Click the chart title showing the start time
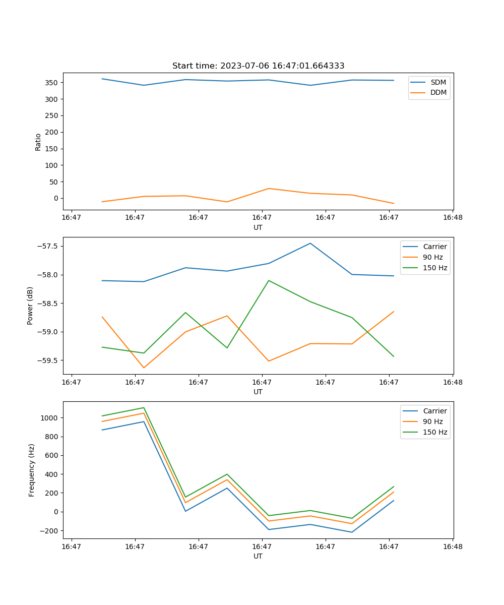(x=258, y=66)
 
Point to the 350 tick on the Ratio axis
(x=52, y=83)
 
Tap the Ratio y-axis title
(x=38, y=142)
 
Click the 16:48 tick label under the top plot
(x=452, y=218)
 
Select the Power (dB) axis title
(x=31, y=306)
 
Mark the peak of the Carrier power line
(x=310, y=244)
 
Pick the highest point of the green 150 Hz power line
(x=269, y=280)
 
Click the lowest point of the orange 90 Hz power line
(x=144, y=368)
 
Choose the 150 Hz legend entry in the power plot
(x=435, y=268)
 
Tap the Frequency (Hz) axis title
(x=32, y=470)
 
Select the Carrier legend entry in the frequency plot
(x=435, y=411)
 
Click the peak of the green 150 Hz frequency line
(x=144, y=407)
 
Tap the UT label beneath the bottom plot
(x=258, y=556)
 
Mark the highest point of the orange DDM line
(x=269, y=189)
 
